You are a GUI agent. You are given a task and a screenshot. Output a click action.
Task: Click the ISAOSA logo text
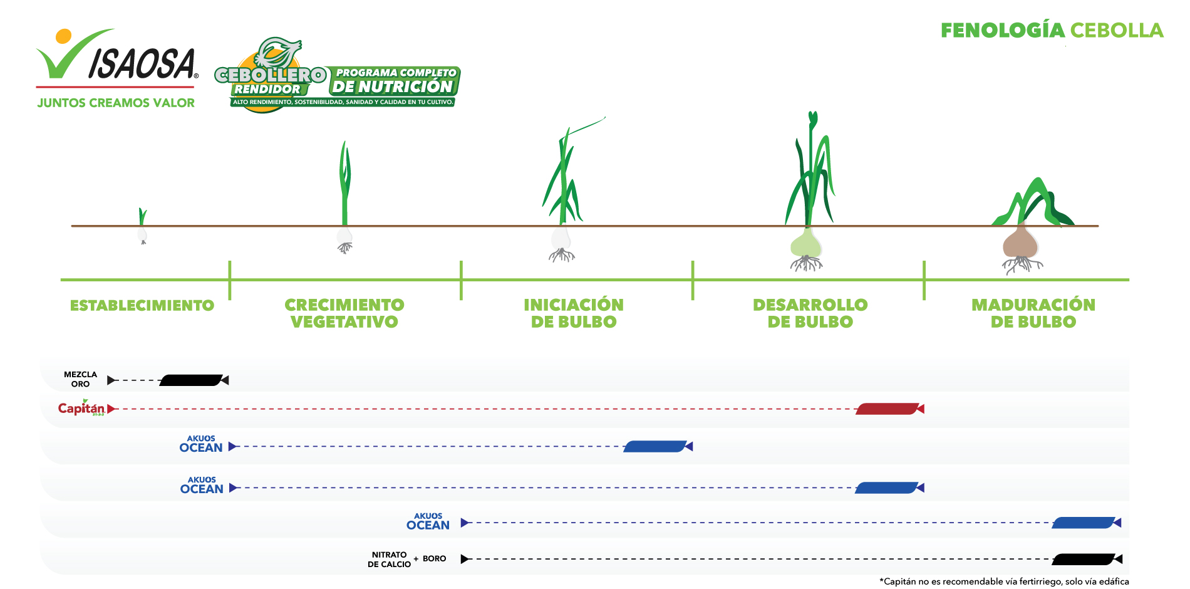click(x=143, y=64)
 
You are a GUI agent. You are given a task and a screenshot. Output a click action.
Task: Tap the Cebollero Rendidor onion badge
click(x=337, y=76)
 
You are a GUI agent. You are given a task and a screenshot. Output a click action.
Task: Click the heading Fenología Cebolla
click(x=1052, y=30)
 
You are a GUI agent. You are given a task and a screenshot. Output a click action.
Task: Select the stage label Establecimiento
click(x=142, y=305)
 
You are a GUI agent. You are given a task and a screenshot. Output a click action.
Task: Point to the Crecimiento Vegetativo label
click(x=344, y=313)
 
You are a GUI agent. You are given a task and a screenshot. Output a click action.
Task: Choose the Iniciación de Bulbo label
click(x=574, y=313)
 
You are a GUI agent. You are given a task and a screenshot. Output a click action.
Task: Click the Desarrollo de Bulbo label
click(x=810, y=313)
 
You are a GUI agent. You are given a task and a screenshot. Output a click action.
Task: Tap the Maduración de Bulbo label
click(x=1033, y=313)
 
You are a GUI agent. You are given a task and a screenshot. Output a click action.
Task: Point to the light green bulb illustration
click(x=806, y=243)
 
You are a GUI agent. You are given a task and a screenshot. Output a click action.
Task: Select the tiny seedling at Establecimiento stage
click(x=143, y=226)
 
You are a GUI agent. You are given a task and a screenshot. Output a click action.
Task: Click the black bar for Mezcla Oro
click(x=192, y=380)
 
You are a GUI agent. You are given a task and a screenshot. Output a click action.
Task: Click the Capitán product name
click(x=81, y=408)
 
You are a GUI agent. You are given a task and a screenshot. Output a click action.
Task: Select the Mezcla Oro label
click(x=80, y=379)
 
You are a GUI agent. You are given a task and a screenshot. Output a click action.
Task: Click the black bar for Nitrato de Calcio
click(x=1084, y=559)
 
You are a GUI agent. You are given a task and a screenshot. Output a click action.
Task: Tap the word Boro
click(x=435, y=558)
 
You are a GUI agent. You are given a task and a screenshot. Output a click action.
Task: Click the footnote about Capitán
click(x=1004, y=581)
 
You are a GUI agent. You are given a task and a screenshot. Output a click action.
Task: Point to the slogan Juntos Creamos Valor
click(x=116, y=103)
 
